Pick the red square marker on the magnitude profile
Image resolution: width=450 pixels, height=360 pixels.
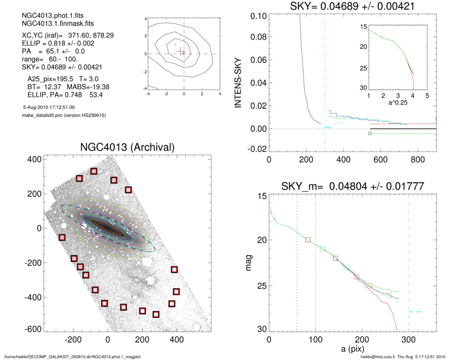[x=308, y=239]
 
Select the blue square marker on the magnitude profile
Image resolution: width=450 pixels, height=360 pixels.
[x=335, y=258]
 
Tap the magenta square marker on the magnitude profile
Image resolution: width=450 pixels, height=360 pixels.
[x=356, y=277]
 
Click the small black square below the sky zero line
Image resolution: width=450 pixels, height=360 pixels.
[x=370, y=134]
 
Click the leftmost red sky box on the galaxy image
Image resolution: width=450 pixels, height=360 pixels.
[x=62, y=237]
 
